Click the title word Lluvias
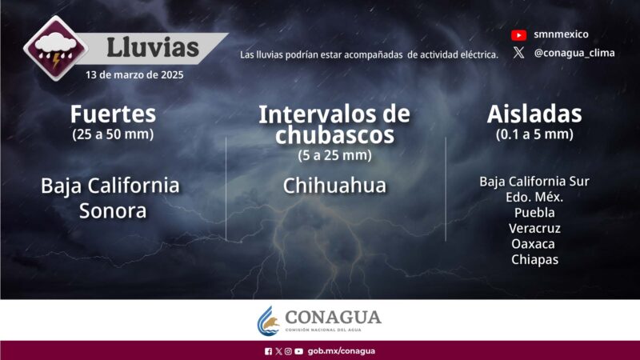152,47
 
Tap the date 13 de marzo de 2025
134,75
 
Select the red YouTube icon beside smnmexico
518,34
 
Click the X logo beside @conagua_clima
518,53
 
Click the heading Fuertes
113,113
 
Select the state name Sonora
113,211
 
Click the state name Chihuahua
334,186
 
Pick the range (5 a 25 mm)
334,154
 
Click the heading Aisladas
534,114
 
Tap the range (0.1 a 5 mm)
534,134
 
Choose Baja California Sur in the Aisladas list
534,181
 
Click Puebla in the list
534,213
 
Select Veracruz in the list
534,228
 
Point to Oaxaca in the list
534,244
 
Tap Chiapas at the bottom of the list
534,259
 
